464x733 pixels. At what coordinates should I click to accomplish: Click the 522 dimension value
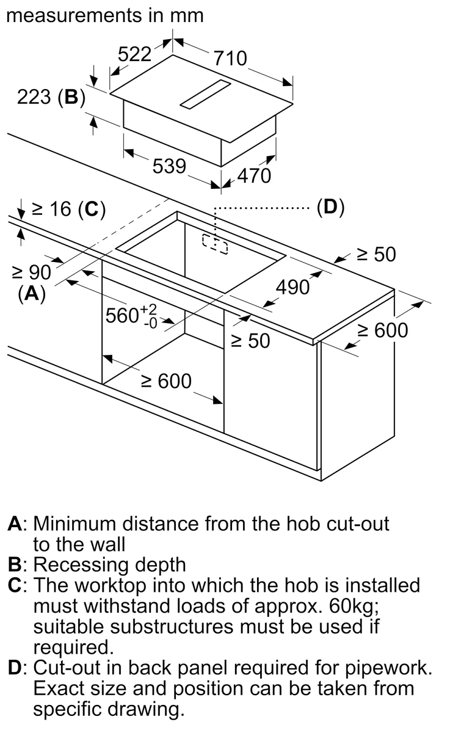(134, 54)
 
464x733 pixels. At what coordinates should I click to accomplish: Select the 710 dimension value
(230, 58)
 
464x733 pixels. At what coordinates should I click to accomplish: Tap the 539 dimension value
(169, 166)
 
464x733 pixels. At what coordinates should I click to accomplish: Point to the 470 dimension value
(253, 176)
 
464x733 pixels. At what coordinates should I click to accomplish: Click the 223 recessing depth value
(34, 97)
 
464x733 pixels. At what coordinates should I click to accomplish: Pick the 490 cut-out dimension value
(293, 287)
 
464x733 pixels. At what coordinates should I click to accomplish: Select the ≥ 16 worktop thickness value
(51, 210)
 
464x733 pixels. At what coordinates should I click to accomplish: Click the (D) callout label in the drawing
(330, 208)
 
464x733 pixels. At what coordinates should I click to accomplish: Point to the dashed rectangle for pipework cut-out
(214, 244)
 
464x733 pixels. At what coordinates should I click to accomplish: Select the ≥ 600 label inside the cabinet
(166, 381)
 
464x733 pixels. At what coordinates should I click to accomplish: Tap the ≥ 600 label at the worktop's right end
(382, 330)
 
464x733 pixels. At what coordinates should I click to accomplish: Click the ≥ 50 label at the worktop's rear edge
(376, 254)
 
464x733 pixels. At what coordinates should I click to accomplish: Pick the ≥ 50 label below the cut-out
(250, 341)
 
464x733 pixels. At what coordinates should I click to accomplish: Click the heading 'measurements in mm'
(104, 15)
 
